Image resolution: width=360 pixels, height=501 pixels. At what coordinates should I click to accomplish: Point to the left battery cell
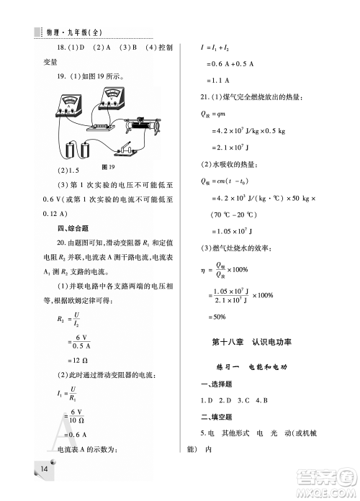70,150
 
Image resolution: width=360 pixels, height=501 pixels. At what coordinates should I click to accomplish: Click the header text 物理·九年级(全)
76,32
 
